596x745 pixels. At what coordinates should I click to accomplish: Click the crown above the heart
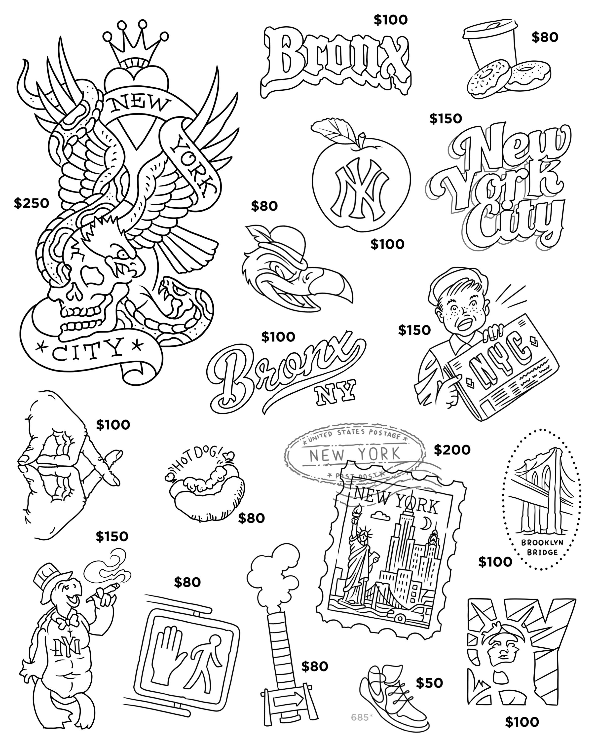click(x=136, y=49)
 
